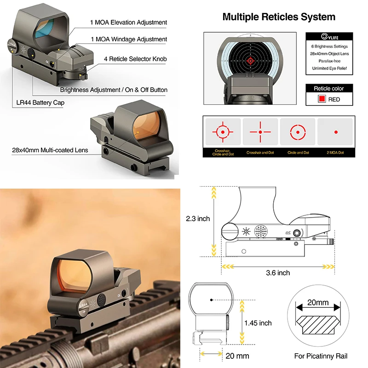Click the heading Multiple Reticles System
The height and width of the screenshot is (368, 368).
tap(279, 17)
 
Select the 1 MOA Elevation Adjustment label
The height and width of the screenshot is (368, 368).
tap(128, 22)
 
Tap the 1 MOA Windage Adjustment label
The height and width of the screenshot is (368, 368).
tap(128, 40)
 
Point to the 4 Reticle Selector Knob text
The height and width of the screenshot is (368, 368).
tap(135, 59)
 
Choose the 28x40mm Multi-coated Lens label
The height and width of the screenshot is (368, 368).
tap(50, 150)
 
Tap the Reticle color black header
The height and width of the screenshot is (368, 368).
tap(328, 88)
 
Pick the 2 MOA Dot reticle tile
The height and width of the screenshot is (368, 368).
tap(336, 132)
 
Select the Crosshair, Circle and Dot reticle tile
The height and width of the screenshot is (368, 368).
tap(222, 132)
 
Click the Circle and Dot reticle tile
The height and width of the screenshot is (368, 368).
tap(298, 132)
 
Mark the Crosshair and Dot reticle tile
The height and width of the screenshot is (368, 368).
tap(260, 132)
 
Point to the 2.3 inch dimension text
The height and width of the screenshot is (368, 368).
tap(197, 218)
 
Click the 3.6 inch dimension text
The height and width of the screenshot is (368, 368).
tap(278, 273)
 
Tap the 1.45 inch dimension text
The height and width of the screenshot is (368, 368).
tap(258, 323)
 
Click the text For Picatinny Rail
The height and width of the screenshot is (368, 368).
tap(321, 356)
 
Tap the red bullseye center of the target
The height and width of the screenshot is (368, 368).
tap(251, 60)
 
